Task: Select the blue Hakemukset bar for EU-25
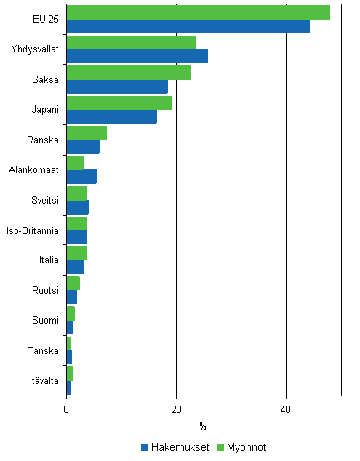pyautogui.click(x=188, y=27)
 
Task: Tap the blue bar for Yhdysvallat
pyautogui.click(x=137, y=57)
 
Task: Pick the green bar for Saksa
pyautogui.click(x=129, y=73)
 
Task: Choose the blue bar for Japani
pyautogui.click(x=111, y=117)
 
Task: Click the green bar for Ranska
pyautogui.click(x=87, y=133)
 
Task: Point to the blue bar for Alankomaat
pyautogui.click(x=81, y=177)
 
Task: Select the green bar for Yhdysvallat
pyautogui.click(x=131, y=42)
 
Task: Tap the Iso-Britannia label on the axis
pyautogui.click(x=32, y=231)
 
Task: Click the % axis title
pyautogui.click(x=203, y=425)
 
